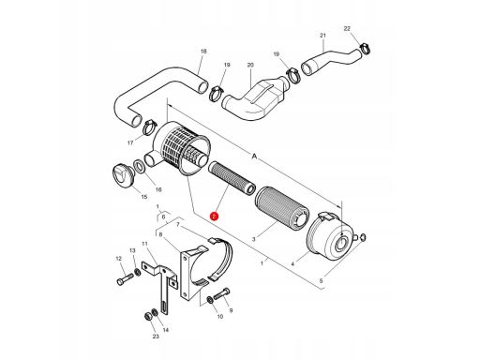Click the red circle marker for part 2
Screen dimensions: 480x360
click(x=214, y=217)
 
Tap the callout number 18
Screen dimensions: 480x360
click(x=203, y=52)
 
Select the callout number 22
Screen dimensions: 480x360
click(x=347, y=28)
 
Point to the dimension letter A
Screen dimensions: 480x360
click(x=254, y=157)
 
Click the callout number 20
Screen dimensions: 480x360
click(x=250, y=65)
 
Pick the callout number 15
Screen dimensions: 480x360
click(x=144, y=197)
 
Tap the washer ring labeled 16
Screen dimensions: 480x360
click(x=139, y=166)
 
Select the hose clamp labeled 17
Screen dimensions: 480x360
click(x=149, y=127)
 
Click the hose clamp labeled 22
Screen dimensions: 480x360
click(x=365, y=49)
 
